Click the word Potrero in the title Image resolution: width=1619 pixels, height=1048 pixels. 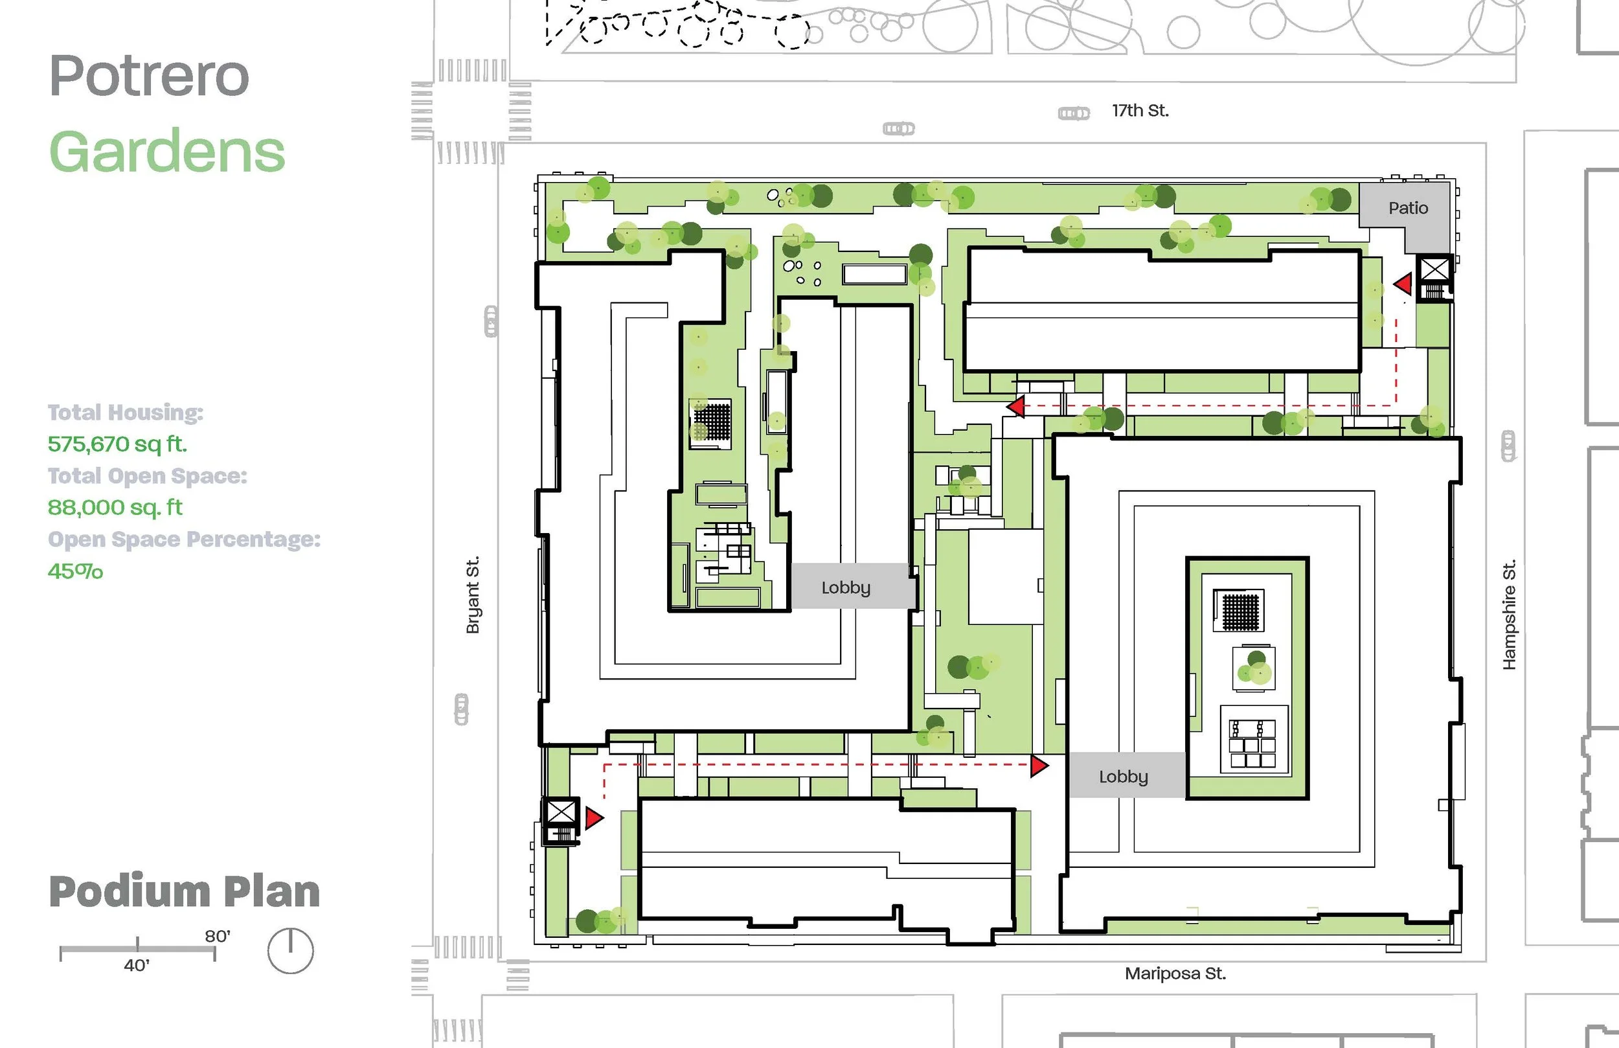tap(150, 76)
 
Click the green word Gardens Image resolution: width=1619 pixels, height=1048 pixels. tap(167, 152)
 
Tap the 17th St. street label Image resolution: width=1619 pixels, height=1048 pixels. tap(1140, 110)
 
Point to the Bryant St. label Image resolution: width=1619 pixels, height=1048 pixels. tap(473, 595)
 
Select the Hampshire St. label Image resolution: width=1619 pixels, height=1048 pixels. tap(1509, 615)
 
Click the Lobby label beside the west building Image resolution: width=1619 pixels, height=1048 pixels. tap(846, 587)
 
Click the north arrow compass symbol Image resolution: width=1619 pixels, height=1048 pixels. tap(291, 951)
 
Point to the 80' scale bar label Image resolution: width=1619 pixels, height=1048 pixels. tap(218, 937)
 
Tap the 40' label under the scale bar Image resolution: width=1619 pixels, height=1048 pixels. tap(136, 965)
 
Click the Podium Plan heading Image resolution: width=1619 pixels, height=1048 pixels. tap(185, 891)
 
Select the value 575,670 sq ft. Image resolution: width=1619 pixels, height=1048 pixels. tap(117, 444)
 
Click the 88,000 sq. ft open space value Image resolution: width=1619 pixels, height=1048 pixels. tap(115, 507)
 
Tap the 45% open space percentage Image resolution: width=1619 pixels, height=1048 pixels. tap(75, 571)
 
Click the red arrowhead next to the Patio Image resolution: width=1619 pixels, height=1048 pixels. tap(1403, 284)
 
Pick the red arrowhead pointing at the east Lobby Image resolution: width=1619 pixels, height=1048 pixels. tap(1039, 766)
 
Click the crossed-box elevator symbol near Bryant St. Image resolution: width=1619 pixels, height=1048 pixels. tap(561, 812)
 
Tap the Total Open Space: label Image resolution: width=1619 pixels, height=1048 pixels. tap(147, 475)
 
